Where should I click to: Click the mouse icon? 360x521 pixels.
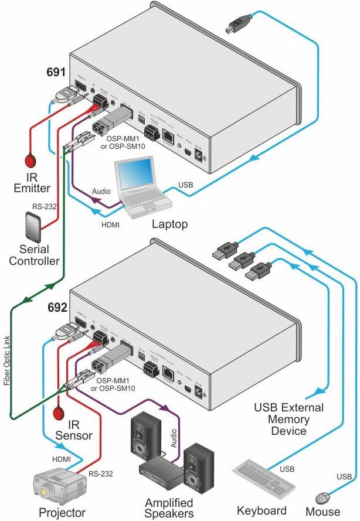point(324,498)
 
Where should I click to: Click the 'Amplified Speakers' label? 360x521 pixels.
point(169,508)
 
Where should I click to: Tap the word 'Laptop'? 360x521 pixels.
point(169,223)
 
